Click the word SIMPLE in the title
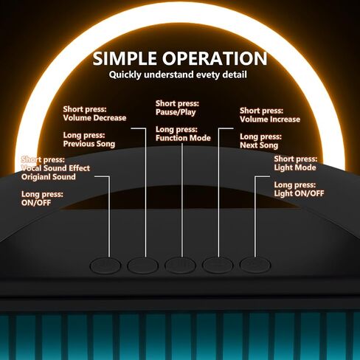[125, 58]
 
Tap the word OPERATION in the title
[215, 58]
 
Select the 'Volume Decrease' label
[94, 118]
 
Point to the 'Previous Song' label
[89, 144]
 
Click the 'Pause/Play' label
[176, 112]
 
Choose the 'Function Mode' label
[183, 138]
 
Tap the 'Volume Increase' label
[270, 120]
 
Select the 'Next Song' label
[259, 145]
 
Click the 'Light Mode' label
[295, 167]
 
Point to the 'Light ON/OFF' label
[299, 193]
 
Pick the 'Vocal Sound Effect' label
[55, 168]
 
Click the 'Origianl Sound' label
[49, 177]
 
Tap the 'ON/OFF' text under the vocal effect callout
[36, 203]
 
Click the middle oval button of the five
[180, 266]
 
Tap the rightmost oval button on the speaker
[255, 265]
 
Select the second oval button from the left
[142, 266]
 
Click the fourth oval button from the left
[218, 265]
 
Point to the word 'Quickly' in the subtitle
[125, 75]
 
